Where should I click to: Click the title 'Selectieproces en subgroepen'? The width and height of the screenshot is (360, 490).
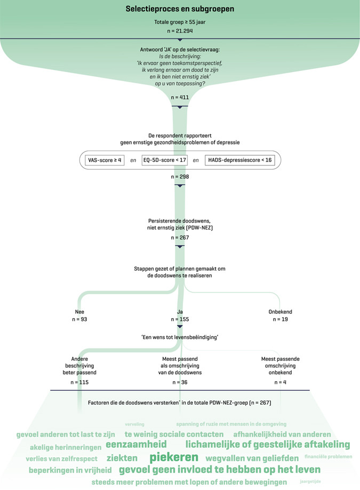coord(180,10)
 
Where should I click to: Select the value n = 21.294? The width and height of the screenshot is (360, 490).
coord(180,33)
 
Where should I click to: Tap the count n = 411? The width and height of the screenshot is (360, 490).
coord(180,98)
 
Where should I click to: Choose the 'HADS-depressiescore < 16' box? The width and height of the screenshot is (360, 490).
coord(240,160)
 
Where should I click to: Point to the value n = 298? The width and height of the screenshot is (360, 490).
coord(180,177)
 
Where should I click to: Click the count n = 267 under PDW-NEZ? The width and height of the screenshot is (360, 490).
coord(180,238)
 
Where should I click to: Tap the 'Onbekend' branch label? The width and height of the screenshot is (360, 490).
coord(281,312)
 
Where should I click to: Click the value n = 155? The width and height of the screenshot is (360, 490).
coord(180,319)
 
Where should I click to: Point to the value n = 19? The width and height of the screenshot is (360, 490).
coord(281,319)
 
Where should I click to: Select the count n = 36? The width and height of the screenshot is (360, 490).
coord(180,382)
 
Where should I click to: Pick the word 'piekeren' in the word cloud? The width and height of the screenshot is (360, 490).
coord(174,457)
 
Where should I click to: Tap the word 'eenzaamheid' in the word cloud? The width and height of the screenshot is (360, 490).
coord(136,444)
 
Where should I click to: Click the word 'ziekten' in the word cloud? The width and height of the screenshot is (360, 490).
coord(122,458)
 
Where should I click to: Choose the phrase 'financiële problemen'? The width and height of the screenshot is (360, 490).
coord(329,457)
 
